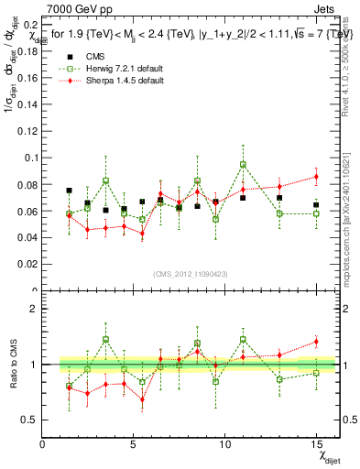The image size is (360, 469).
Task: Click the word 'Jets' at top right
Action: click(x=325, y=7)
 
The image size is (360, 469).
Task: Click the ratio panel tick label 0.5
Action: click(x=28, y=420)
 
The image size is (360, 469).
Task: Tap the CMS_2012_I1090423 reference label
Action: click(x=190, y=274)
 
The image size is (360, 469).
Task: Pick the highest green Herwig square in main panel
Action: click(x=243, y=165)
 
